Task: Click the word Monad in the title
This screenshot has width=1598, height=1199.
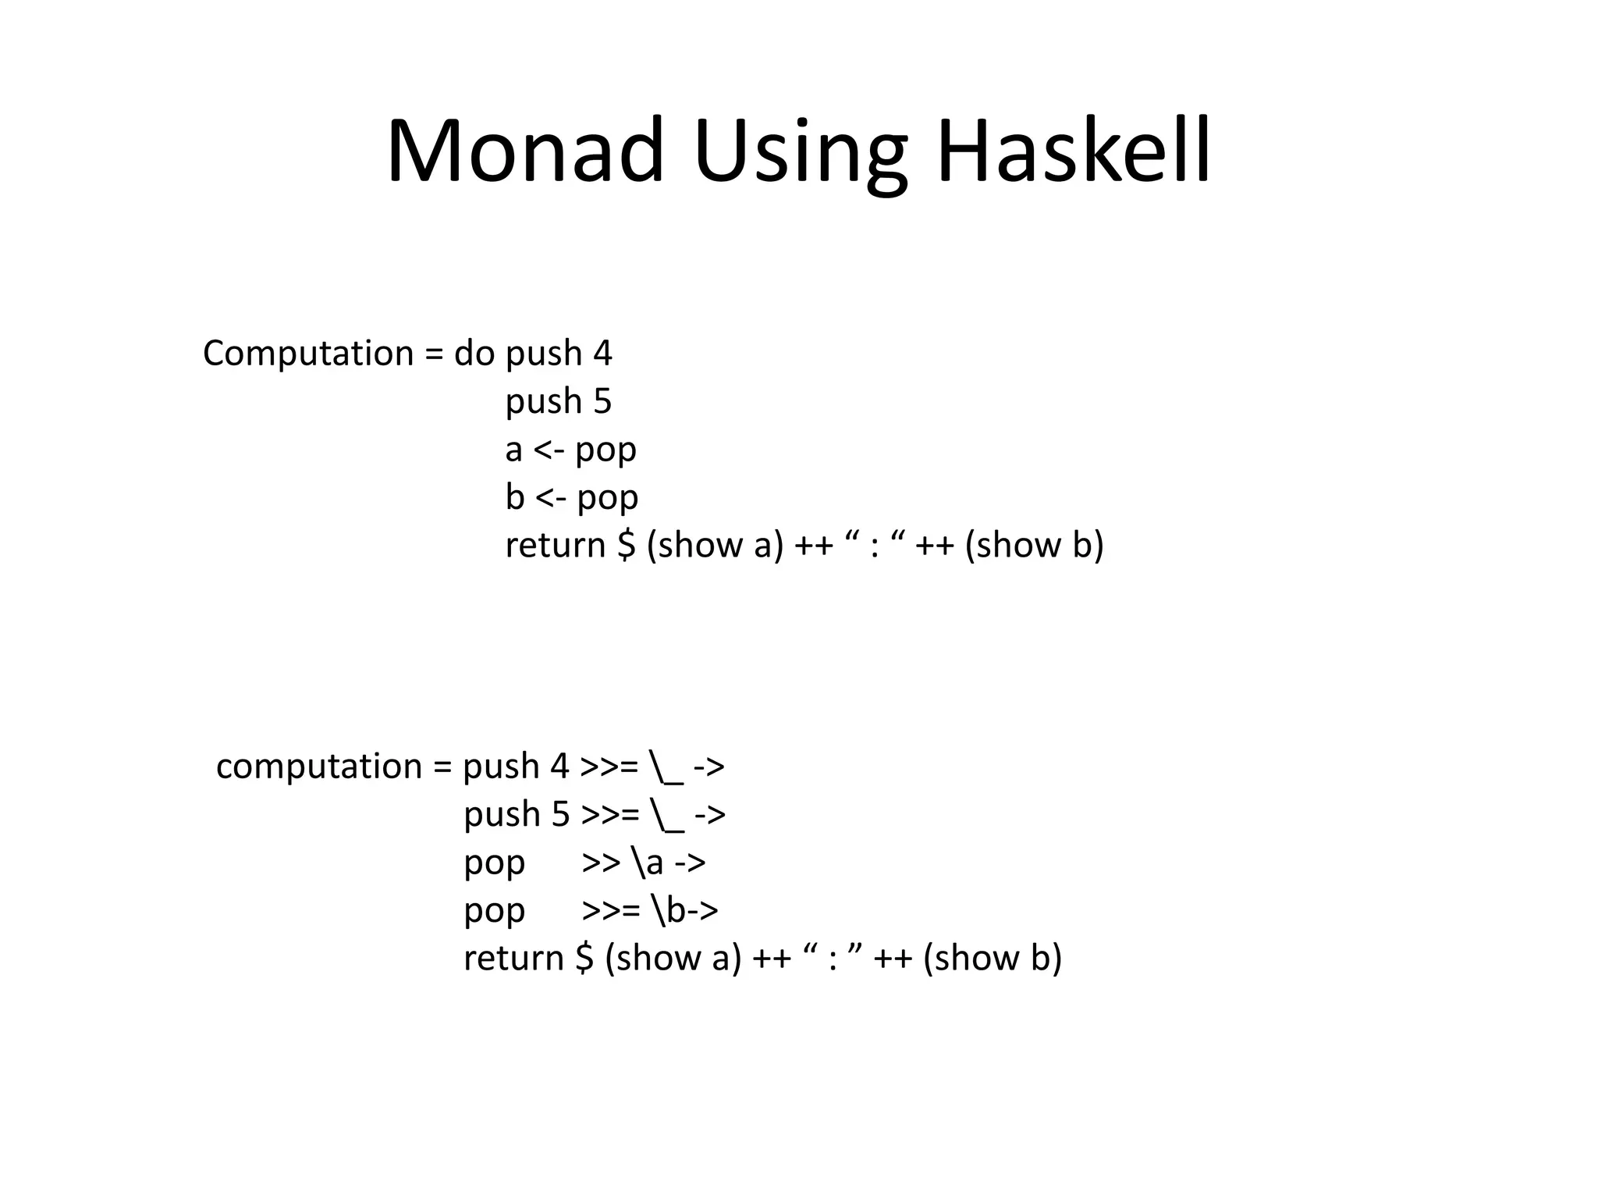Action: click(x=524, y=150)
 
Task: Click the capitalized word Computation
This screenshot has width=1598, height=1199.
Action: click(x=308, y=354)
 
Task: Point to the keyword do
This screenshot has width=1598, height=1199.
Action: click(x=474, y=354)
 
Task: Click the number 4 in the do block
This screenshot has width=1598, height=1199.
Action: click(x=602, y=354)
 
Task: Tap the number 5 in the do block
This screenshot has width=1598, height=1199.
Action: click(x=602, y=401)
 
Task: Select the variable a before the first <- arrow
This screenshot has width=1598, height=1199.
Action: click(x=513, y=450)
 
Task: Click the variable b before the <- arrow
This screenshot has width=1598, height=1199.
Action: click(x=515, y=497)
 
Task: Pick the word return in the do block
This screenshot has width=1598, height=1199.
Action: click(x=555, y=545)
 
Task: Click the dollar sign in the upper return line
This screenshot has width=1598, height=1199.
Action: click(x=626, y=545)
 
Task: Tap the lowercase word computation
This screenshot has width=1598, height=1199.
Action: click(x=319, y=767)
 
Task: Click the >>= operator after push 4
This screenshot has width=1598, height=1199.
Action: click(x=610, y=767)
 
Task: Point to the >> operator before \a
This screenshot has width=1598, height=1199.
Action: click(x=601, y=863)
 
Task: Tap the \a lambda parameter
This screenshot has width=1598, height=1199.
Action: click(x=648, y=863)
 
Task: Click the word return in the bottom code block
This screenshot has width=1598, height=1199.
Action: click(x=513, y=958)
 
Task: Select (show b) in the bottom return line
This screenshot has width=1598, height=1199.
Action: click(x=992, y=958)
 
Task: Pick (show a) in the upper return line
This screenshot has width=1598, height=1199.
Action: click(x=715, y=545)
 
